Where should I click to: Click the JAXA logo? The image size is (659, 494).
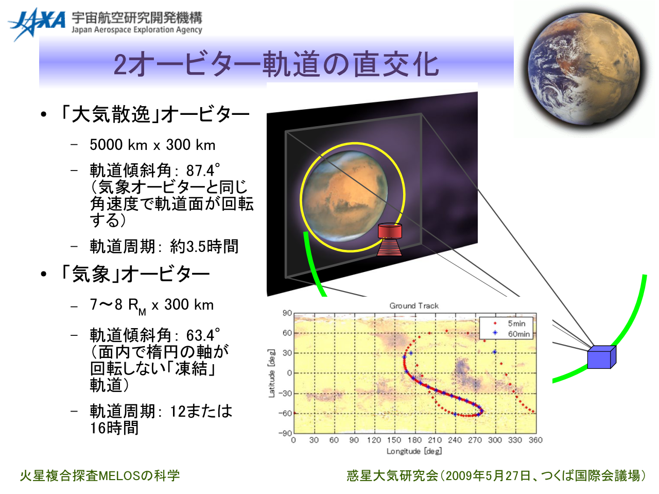tap(37, 24)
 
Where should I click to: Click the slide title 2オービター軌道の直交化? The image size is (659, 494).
tap(276, 64)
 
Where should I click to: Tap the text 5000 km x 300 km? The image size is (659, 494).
tap(152, 145)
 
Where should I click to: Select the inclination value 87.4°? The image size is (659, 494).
tap(203, 171)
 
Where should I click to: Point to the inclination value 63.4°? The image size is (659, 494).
tap(203, 335)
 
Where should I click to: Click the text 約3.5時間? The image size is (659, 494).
tap(204, 247)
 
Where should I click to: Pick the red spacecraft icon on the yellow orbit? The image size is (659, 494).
tap(389, 240)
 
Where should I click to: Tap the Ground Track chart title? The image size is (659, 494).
tap(414, 305)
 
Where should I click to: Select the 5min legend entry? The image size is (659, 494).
tap(510, 323)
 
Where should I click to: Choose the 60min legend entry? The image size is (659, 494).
tap(512, 334)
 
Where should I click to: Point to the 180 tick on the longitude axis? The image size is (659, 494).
tap(414, 440)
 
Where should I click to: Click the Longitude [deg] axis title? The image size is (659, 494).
tap(414, 451)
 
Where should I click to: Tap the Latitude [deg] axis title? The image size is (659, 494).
tap(271, 373)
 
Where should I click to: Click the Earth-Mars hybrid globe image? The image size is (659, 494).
tap(584, 69)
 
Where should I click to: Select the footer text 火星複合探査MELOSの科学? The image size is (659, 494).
tap(100, 475)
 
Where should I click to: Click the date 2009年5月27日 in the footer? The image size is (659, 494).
tap(488, 475)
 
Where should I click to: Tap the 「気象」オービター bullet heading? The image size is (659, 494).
tap(134, 274)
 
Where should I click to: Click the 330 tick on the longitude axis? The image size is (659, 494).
tap(515, 440)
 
